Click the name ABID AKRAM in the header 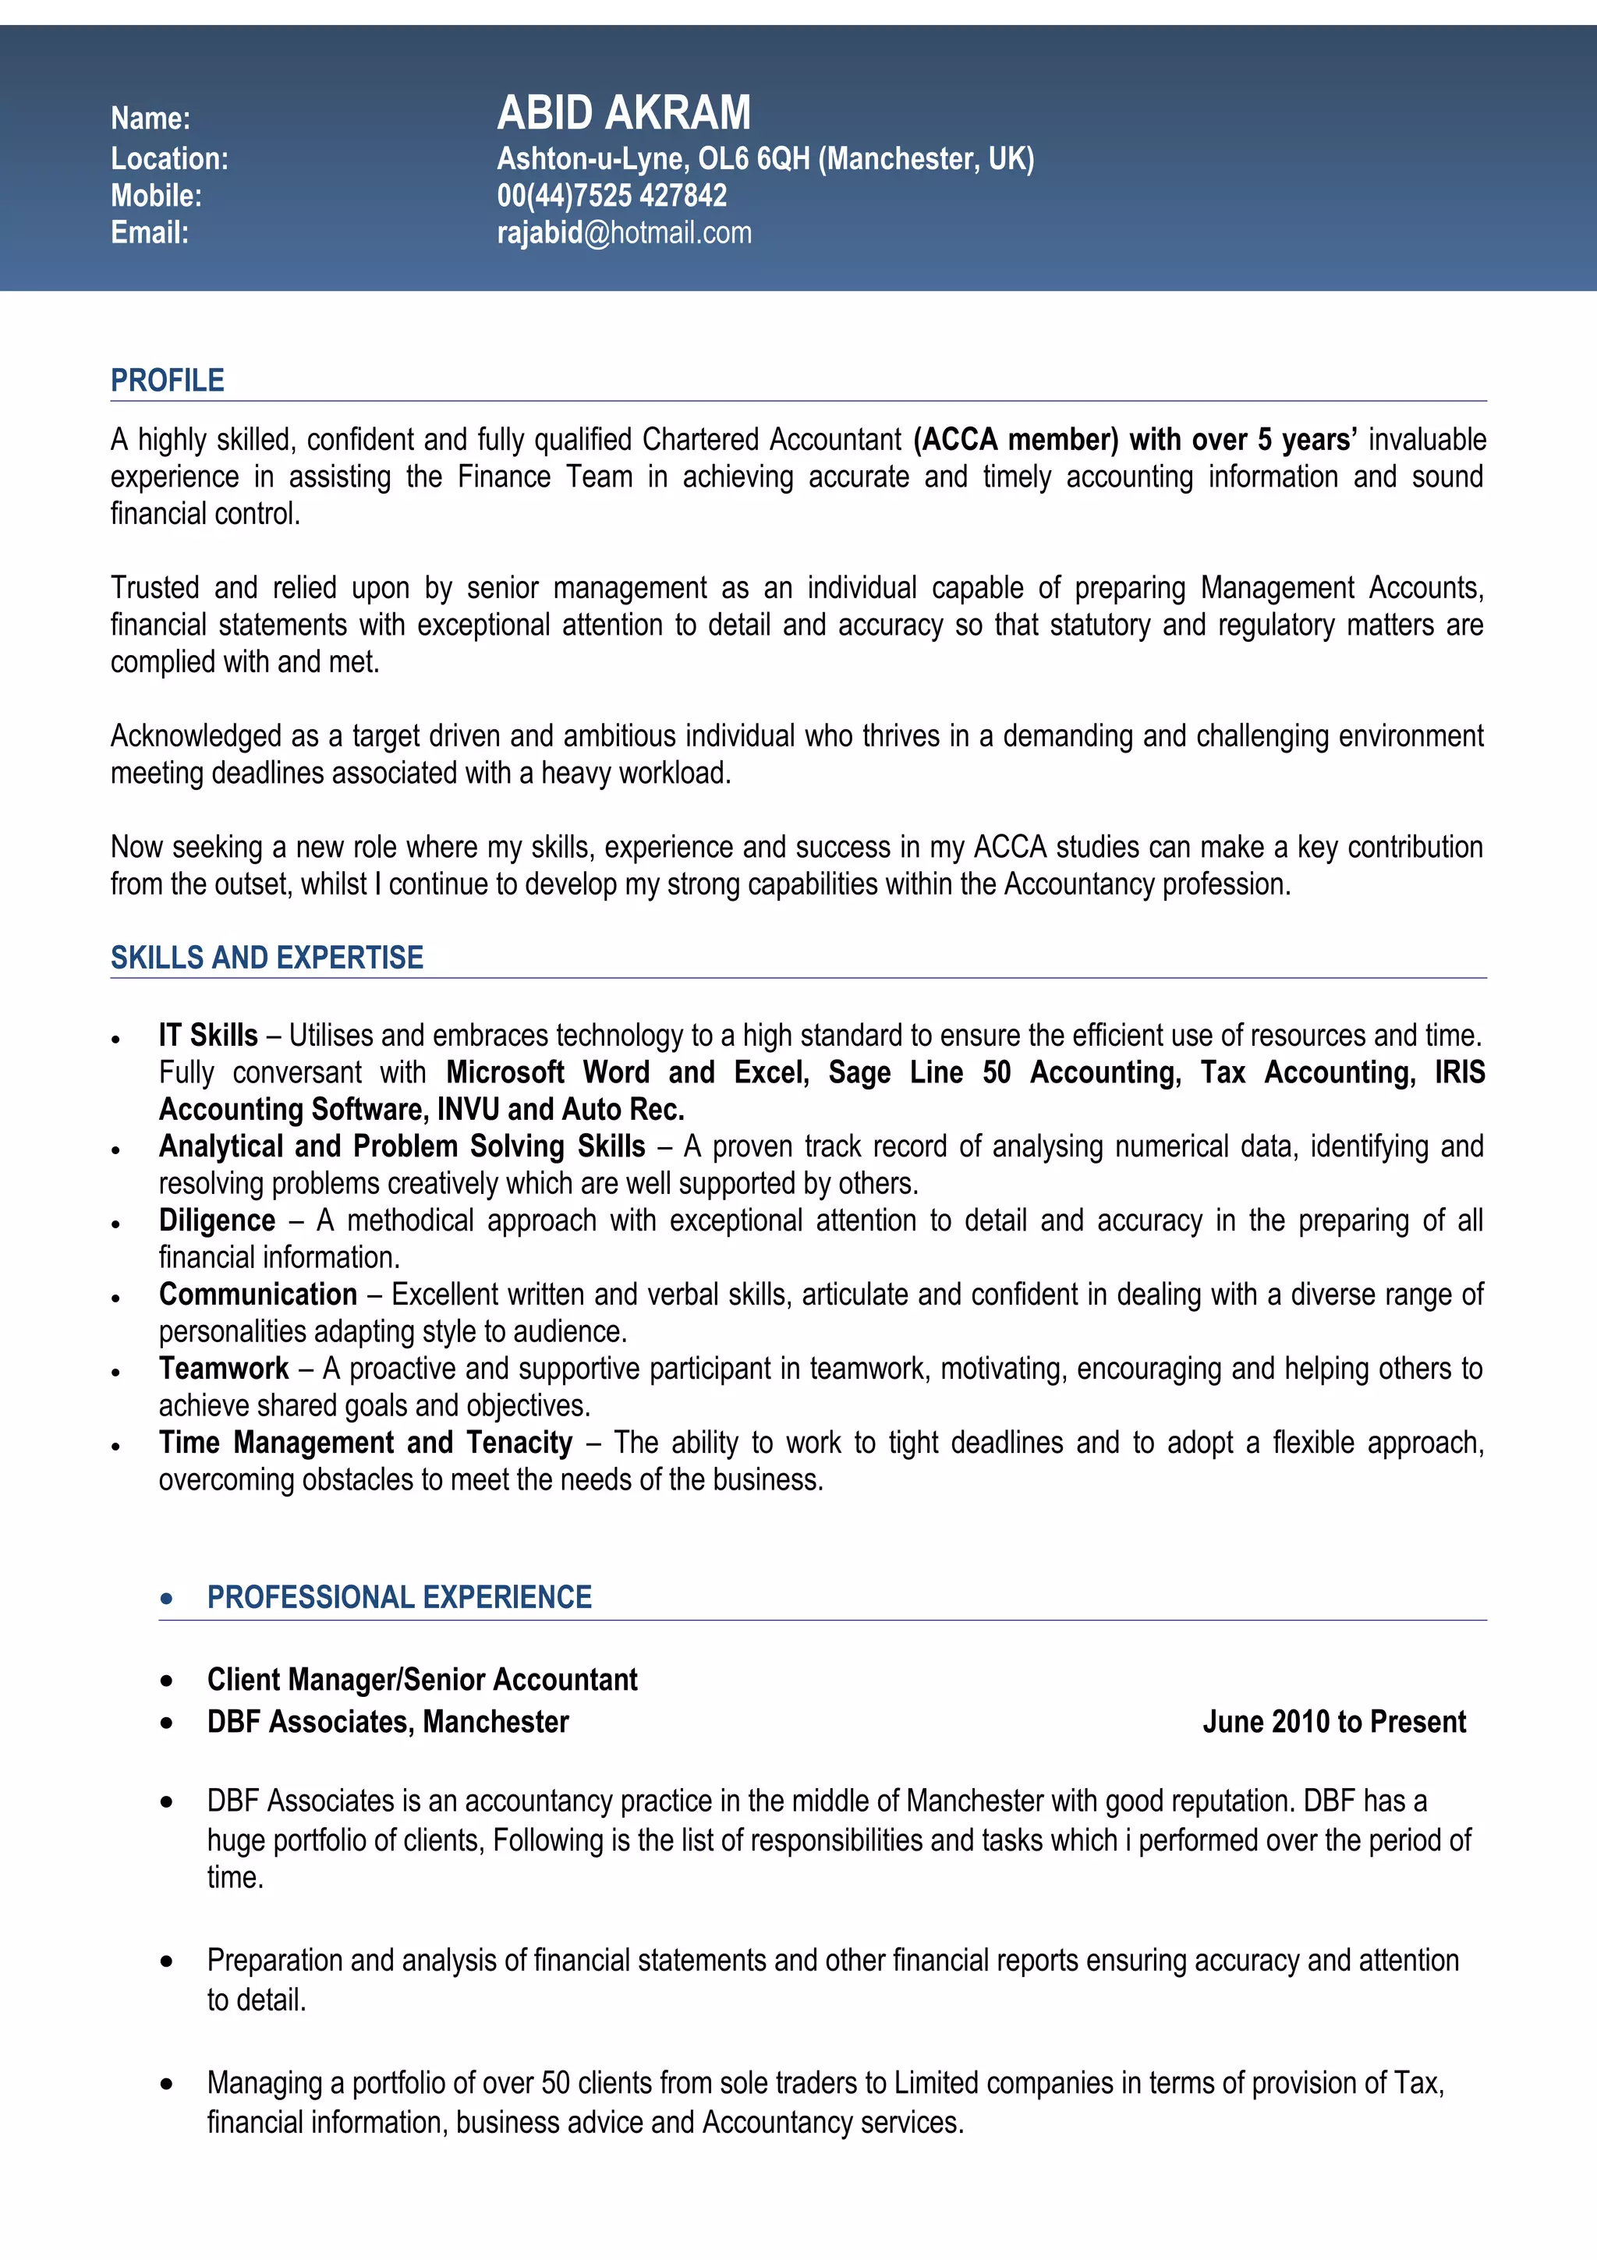623,113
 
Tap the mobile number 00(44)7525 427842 611,196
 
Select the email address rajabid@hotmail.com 624,233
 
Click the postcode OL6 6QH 754,158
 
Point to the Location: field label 169,158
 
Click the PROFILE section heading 168,381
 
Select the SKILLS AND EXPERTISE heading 267,958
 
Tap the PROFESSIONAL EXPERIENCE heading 399,1596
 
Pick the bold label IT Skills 209,1036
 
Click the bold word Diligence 218,1220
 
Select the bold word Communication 258,1295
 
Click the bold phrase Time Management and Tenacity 366,1443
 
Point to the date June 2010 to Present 1333,1722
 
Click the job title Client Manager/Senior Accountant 422,1679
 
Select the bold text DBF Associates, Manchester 388,1722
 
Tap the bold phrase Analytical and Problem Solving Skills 402,1146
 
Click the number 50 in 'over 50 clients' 555,2083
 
